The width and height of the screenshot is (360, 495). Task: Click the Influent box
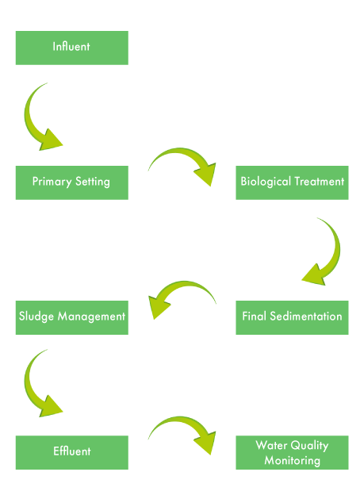coord(72,48)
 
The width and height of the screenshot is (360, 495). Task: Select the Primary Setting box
coord(72,182)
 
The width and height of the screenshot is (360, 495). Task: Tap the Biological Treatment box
coord(292,182)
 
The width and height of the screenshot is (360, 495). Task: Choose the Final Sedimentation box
coord(292,317)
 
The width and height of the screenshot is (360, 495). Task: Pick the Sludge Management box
coord(72,317)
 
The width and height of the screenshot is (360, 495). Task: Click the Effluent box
coord(72,452)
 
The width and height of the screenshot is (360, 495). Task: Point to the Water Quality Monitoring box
coord(292,452)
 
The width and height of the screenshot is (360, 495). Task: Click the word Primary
coord(52,182)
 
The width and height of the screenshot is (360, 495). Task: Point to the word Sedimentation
coord(306,316)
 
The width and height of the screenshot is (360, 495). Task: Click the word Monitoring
coord(292,461)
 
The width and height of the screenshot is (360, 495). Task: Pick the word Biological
coord(266,182)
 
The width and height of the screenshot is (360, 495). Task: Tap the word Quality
coord(309,446)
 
